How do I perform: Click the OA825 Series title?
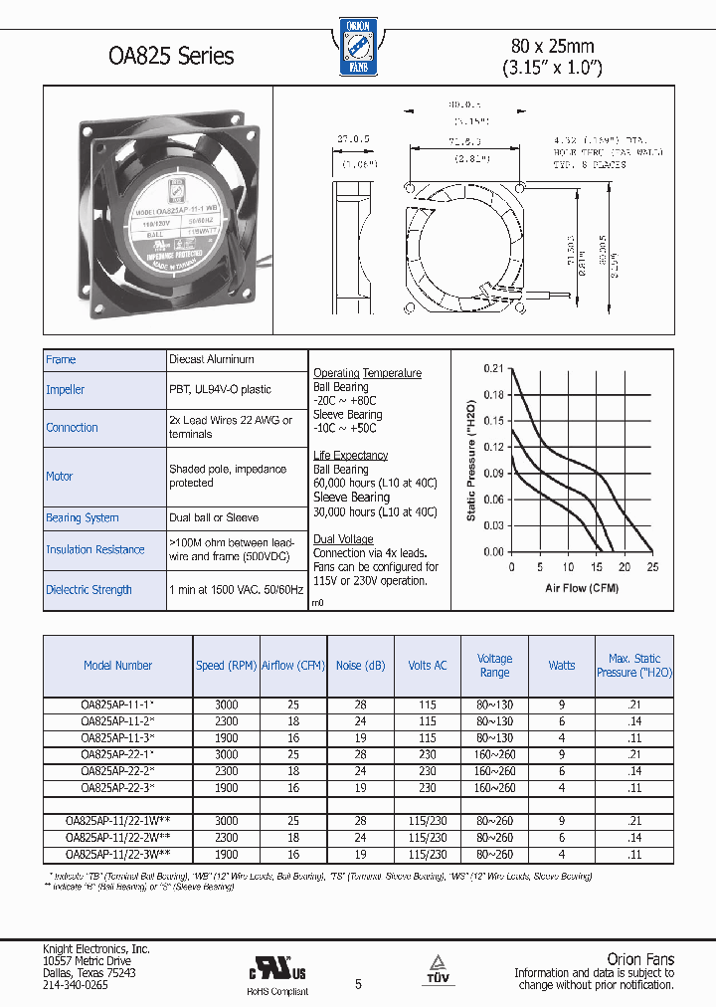click(171, 56)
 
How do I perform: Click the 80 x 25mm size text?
click(552, 46)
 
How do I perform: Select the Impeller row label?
click(66, 390)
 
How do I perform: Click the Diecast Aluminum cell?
click(212, 359)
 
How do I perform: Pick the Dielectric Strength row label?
click(89, 590)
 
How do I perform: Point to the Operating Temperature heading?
click(367, 373)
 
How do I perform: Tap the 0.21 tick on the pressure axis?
click(494, 369)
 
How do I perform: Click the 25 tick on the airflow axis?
click(652, 567)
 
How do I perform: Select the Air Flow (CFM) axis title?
click(582, 588)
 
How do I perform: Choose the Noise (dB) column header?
click(361, 666)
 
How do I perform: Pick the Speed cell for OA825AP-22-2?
click(226, 771)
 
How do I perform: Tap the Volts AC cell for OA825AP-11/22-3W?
click(428, 854)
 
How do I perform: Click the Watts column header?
click(562, 666)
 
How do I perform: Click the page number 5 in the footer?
click(359, 983)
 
